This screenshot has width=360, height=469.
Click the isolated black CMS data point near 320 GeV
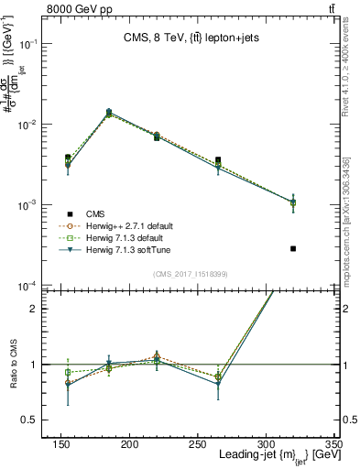293,248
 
